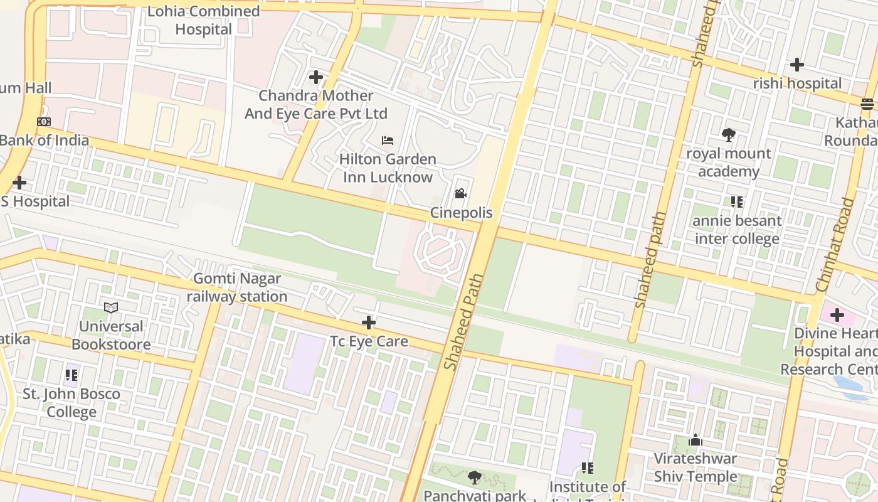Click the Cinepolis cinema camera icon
click(x=461, y=193)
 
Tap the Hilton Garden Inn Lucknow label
click(x=387, y=168)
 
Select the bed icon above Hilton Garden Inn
click(x=388, y=140)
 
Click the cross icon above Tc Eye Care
click(x=369, y=323)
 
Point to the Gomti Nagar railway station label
click(x=237, y=287)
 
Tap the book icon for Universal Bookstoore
click(x=111, y=307)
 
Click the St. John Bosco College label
click(x=71, y=403)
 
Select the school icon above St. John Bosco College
click(x=71, y=375)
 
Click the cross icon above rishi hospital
click(x=797, y=64)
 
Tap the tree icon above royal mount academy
click(x=728, y=134)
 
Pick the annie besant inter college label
click(x=737, y=230)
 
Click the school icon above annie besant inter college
click(x=737, y=202)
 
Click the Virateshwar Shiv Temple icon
click(x=696, y=441)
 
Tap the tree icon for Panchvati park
click(x=475, y=478)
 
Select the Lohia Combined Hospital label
click(x=203, y=20)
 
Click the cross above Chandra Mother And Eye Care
click(x=316, y=77)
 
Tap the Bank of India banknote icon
click(x=44, y=122)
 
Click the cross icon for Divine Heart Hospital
click(x=837, y=314)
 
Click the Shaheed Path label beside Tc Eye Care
click(x=463, y=321)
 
